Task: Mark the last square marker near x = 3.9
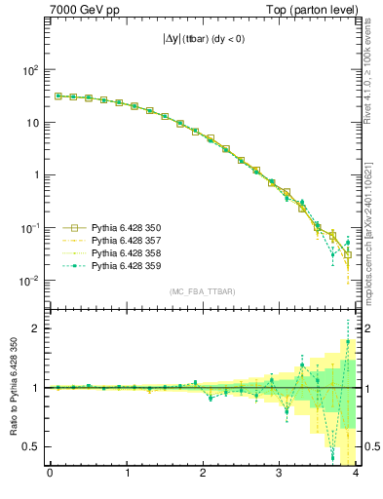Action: pos(348,255)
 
